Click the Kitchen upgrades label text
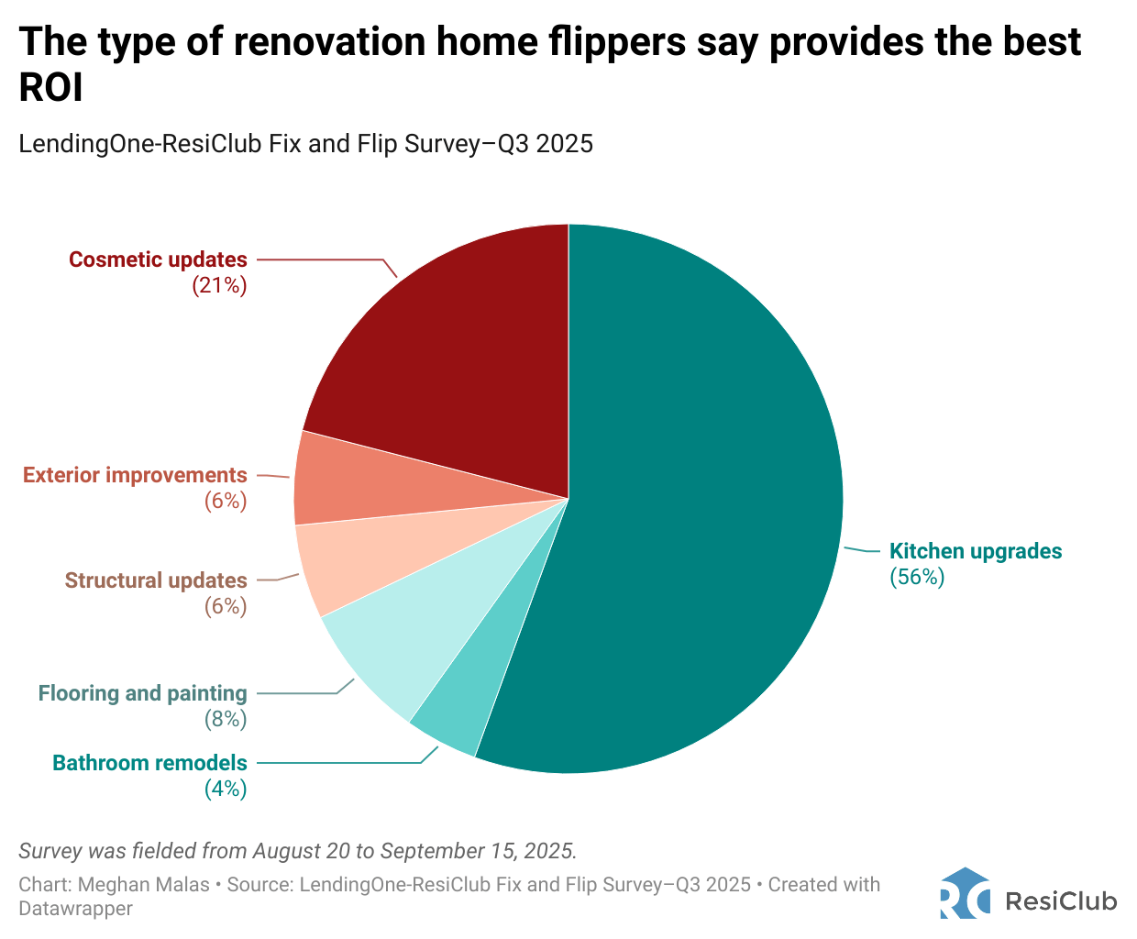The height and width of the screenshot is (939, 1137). (x=976, y=551)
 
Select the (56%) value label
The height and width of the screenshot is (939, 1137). (x=917, y=577)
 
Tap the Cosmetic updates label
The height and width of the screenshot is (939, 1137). (x=158, y=260)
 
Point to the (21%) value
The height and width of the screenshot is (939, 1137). (x=219, y=285)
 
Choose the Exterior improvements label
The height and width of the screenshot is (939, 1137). (x=135, y=475)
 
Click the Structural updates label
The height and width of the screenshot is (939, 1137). (x=156, y=580)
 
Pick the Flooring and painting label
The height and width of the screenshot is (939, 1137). (x=142, y=693)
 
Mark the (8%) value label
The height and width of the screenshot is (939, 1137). (x=225, y=719)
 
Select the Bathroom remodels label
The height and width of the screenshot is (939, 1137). (x=149, y=763)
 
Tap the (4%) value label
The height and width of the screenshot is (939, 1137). (x=225, y=789)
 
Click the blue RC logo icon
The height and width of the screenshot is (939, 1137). (x=965, y=893)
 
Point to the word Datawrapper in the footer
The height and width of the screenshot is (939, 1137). (x=75, y=909)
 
